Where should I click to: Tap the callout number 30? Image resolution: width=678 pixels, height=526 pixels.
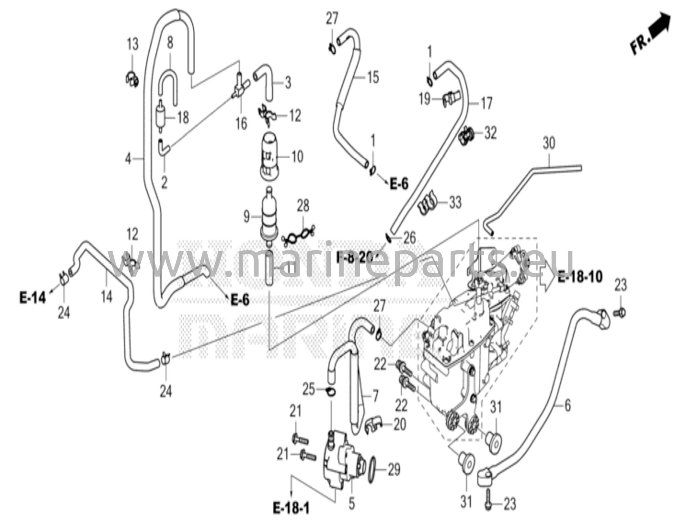pyautogui.click(x=549, y=144)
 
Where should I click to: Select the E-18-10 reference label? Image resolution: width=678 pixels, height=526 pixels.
pyautogui.click(x=580, y=277)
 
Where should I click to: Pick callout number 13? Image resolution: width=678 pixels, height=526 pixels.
pyautogui.click(x=133, y=44)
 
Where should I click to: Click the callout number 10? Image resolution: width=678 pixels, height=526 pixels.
pyautogui.click(x=297, y=156)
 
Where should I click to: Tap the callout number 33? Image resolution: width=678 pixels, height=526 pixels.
pyautogui.click(x=455, y=202)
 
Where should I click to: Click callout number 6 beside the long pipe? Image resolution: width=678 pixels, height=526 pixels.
pyautogui.click(x=567, y=405)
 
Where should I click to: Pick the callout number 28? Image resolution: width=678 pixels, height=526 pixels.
pyautogui.click(x=303, y=206)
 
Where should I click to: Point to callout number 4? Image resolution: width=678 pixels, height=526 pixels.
pyautogui.click(x=128, y=159)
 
